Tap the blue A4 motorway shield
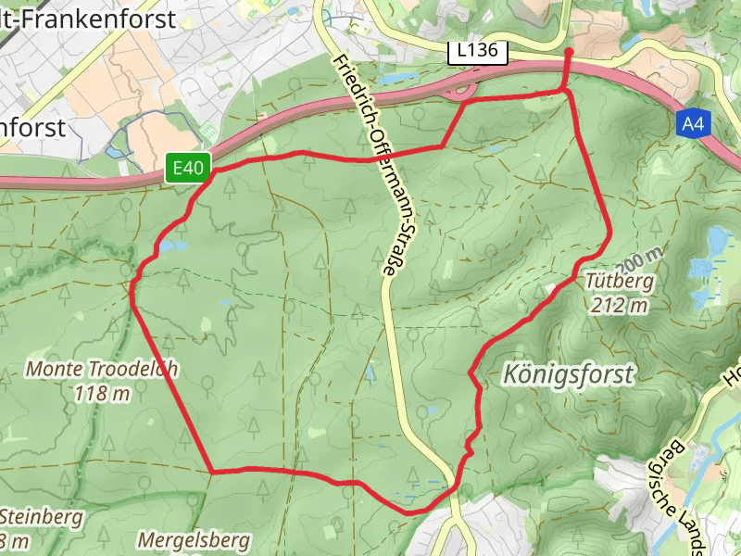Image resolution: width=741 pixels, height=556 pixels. (691, 122)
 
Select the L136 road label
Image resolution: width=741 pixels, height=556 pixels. (478, 53)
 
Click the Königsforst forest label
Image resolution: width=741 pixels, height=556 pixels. (570, 374)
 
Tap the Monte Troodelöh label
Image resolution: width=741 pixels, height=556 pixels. (102, 368)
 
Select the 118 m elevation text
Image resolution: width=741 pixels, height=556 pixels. (102, 393)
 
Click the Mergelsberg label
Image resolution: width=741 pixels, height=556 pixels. (194, 539)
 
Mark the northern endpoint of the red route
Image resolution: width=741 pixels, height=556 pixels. (568, 52)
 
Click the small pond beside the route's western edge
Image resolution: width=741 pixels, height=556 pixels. (172, 247)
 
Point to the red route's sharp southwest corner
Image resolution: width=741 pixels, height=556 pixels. (213, 472)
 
